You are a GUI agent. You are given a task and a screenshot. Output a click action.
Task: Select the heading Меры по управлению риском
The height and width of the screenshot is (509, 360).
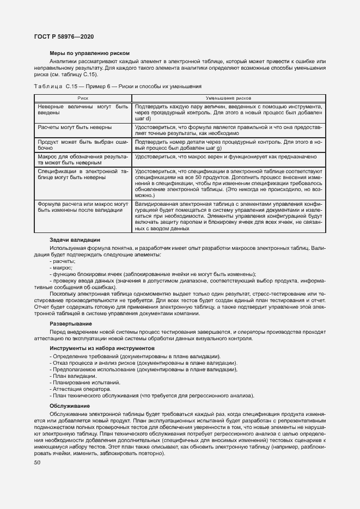pos(89,53)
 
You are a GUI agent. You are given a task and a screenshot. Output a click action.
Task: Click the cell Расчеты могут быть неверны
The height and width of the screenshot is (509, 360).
pos(75,127)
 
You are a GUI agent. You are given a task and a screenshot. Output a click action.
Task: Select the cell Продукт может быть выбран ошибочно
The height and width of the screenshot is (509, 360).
pos(82,144)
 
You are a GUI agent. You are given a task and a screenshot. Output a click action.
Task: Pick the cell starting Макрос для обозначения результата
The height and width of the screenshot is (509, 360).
pos(82,159)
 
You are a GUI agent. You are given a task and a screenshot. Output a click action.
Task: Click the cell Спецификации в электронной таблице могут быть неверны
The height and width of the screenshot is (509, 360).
pos(82,174)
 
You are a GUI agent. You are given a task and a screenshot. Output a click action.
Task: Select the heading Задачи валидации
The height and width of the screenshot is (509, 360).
pos(75,240)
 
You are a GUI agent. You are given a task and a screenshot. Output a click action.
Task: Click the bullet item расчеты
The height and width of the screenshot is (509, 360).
pos(62,261)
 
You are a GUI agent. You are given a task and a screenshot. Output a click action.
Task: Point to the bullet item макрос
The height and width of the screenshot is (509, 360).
pos(61,268)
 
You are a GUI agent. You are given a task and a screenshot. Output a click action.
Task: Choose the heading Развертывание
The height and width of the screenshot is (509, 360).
pos(71,323)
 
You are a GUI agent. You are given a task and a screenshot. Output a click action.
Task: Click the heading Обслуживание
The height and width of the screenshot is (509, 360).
pos(70,406)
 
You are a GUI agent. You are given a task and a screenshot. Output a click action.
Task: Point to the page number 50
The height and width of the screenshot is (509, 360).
pos(37,463)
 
